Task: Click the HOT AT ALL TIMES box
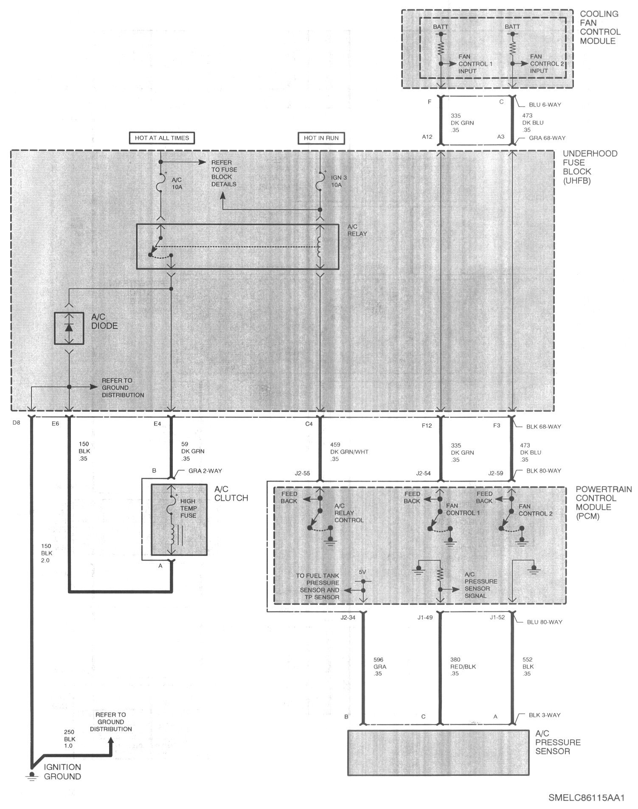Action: tap(162, 138)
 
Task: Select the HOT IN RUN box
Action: tap(321, 138)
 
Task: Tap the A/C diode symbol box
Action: tap(69, 328)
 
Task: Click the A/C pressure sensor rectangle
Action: tap(438, 753)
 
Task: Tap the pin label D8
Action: tap(17, 423)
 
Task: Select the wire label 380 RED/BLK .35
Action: tap(463, 667)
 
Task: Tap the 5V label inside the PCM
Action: tap(362, 572)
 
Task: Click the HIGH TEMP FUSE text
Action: tap(188, 508)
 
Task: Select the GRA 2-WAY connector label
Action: tap(205, 471)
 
